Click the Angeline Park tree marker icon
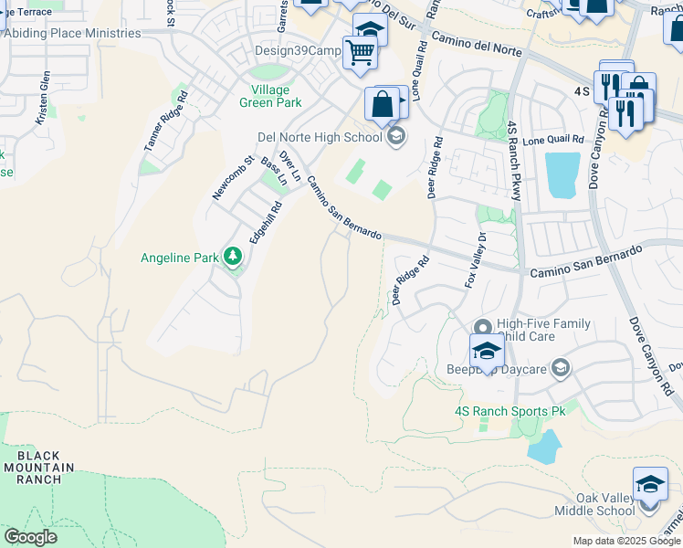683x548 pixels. [x=232, y=258]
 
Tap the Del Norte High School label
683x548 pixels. [x=319, y=138]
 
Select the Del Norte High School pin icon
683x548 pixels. [x=395, y=137]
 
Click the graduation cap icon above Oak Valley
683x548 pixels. [x=649, y=483]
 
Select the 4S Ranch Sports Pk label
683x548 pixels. [x=510, y=412]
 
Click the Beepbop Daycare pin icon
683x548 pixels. [x=560, y=369]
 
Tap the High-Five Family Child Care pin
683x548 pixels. [x=483, y=326]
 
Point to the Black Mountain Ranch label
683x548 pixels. [x=38, y=467]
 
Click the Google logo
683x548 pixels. [x=30, y=537]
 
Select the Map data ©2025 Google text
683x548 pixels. [x=625, y=541]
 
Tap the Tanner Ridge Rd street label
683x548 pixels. [x=165, y=119]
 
